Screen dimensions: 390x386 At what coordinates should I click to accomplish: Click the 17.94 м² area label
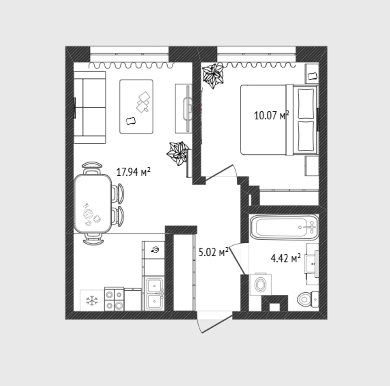point(133,172)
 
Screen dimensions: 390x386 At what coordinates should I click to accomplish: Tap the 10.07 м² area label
point(271,115)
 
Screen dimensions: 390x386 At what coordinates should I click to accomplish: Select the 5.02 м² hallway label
point(213,252)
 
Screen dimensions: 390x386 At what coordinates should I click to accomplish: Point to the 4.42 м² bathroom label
point(285,258)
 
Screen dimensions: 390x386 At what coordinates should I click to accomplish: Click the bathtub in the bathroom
point(284,227)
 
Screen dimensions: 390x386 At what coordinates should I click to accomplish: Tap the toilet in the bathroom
point(308,299)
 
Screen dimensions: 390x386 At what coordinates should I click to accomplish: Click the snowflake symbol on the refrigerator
point(92,300)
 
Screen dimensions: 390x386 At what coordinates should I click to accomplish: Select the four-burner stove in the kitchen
point(114,299)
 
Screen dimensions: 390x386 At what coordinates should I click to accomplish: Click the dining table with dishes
point(93,203)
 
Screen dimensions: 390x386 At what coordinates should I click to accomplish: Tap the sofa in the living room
point(90,107)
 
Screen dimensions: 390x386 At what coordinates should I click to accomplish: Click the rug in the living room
point(136,107)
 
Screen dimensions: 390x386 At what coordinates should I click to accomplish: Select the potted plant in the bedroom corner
point(213,75)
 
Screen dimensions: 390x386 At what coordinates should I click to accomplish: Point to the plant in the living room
point(178,153)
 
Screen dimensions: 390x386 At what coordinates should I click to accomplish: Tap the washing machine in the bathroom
point(261,285)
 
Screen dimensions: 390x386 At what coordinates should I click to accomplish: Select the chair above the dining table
point(92,168)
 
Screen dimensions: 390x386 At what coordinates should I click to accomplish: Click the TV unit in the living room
point(184,109)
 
